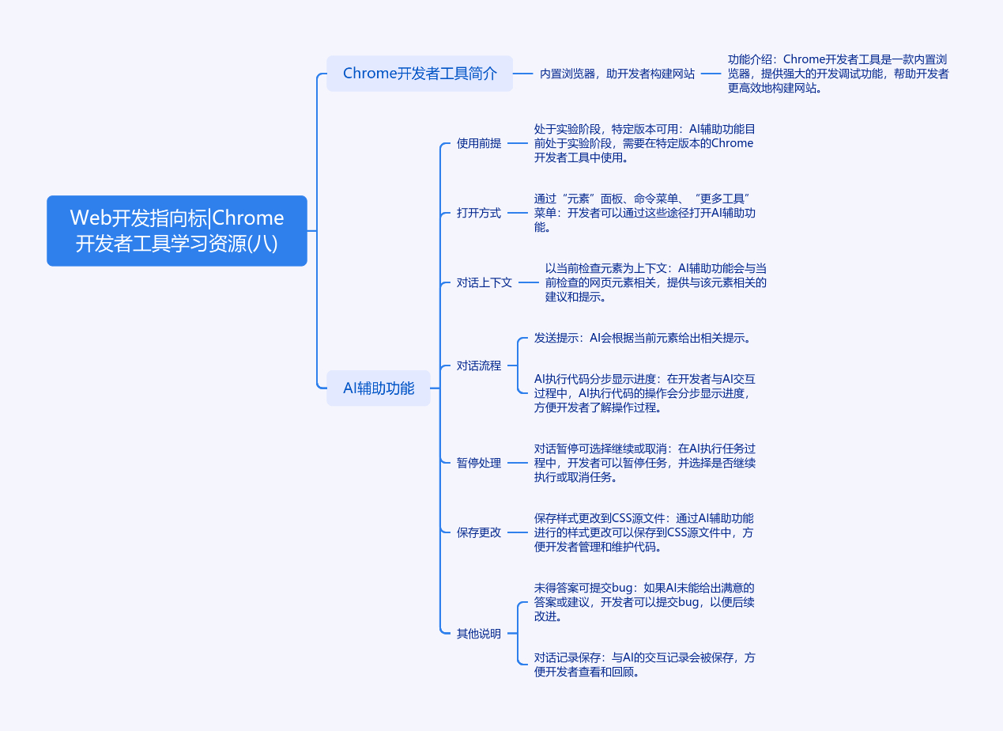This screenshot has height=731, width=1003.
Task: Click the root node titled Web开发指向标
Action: pos(177,230)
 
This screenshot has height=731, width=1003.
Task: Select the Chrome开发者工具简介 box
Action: pos(420,74)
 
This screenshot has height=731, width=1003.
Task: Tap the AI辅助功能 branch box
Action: pos(379,388)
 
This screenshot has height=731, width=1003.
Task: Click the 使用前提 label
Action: pos(479,144)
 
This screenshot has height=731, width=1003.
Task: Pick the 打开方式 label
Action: pos(479,213)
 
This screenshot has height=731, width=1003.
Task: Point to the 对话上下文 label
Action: pos(485,282)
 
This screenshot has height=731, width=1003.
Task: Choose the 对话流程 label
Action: pos(479,365)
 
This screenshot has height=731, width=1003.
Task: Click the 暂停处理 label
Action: pos(479,463)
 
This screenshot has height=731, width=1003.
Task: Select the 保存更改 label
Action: pos(479,532)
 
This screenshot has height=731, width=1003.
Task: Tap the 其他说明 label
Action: pos(479,634)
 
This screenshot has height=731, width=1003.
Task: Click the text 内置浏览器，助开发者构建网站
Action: pos(617,74)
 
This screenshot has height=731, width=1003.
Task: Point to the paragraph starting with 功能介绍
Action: pos(838,74)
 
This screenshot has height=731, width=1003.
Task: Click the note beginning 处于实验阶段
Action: pos(644,143)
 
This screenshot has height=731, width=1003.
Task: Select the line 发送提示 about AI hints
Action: pos(642,338)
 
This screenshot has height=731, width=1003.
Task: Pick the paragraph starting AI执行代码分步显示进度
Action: pos(644,393)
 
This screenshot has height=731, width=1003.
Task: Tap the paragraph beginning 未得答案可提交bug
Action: pos(644,602)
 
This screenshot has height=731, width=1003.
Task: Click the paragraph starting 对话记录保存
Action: pos(644,665)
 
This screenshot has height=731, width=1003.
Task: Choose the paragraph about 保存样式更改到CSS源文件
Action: pos(644,532)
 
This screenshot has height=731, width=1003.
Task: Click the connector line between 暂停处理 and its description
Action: pos(517,463)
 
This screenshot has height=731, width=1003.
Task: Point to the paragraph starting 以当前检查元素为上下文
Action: pos(656,282)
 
